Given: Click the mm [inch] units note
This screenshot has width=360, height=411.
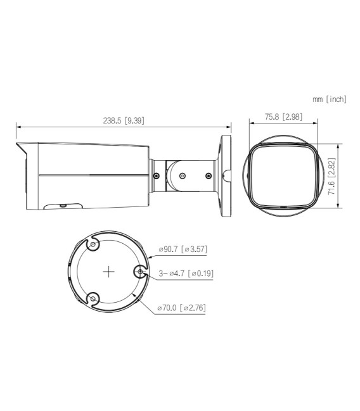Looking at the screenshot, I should point(329,99).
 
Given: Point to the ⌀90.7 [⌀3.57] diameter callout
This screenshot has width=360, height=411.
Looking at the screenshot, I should point(182,249).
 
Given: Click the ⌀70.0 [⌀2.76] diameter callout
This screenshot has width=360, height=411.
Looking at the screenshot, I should point(182,308).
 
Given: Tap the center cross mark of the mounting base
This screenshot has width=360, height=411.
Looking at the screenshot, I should point(108,271).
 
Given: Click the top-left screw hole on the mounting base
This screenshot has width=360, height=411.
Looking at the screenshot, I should point(93,245).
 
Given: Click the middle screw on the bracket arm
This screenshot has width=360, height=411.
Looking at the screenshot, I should point(182,177).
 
